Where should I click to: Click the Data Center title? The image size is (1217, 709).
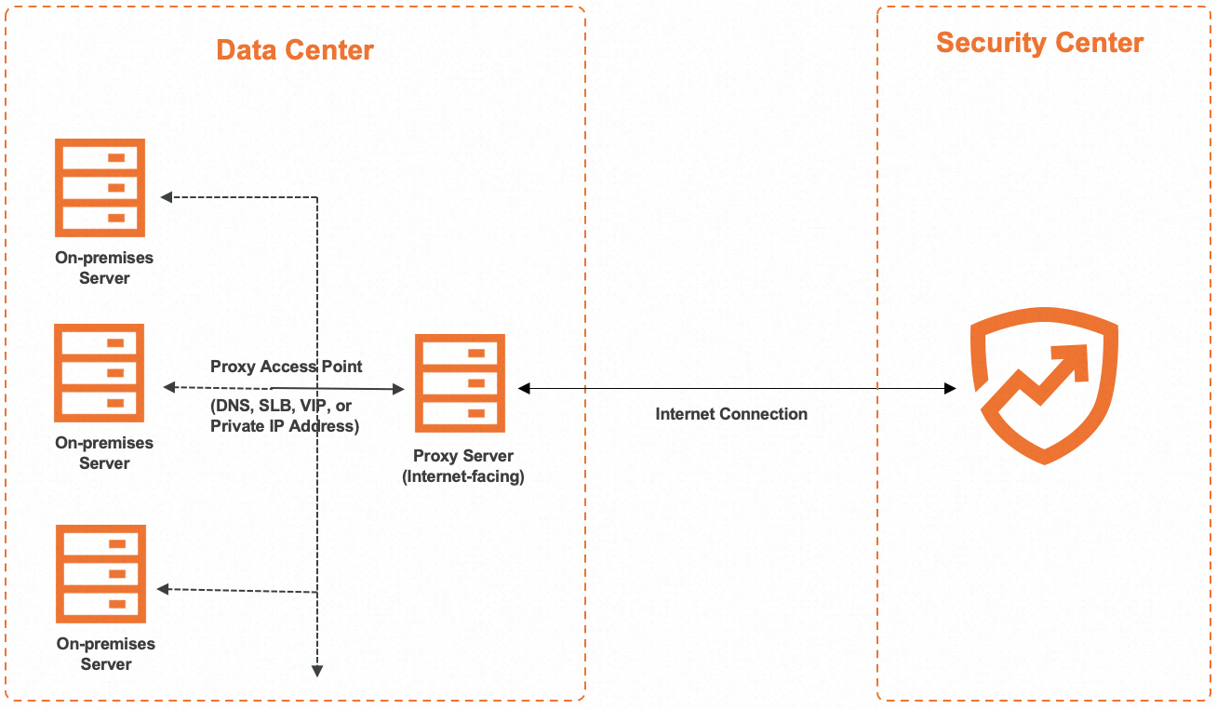pyautogui.click(x=295, y=49)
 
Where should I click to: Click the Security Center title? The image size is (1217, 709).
pyautogui.click(x=1039, y=43)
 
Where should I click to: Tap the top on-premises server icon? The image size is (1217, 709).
pyautogui.click(x=100, y=187)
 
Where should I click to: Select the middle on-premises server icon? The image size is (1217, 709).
pyautogui.click(x=100, y=372)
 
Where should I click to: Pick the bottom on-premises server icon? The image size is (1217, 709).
pyautogui.click(x=100, y=573)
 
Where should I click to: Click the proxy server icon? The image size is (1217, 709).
pyautogui.click(x=462, y=382)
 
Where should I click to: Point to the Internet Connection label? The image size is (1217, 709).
pyautogui.click(x=731, y=414)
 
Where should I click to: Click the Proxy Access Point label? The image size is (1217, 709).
pyautogui.click(x=287, y=367)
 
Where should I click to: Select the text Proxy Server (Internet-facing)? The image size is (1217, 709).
pyautogui.click(x=463, y=467)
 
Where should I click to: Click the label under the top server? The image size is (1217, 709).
pyautogui.click(x=104, y=268)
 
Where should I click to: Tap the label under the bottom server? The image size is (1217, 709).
pyautogui.click(x=106, y=654)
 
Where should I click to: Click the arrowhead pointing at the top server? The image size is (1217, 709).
pyautogui.click(x=167, y=196)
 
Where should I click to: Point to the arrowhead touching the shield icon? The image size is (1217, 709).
pyautogui.click(x=950, y=388)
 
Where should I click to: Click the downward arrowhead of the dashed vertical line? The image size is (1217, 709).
pyautogui.click(x=317, y=669)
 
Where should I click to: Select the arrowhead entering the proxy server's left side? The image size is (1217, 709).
pyautogui.click(x=398, y=388)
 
